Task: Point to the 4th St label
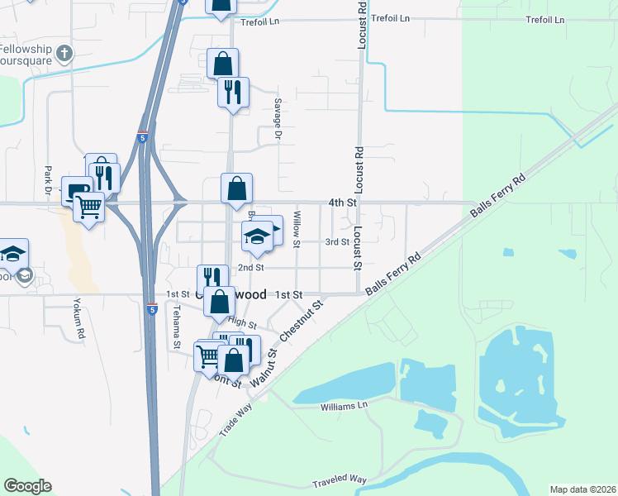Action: tap(341, 202)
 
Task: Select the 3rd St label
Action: tap(337, 241)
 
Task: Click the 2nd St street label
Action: tap(250, 268)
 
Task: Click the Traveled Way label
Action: tap(339, 480)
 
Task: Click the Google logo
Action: tap(27, 486)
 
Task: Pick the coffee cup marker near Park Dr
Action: tap(79, 192)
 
